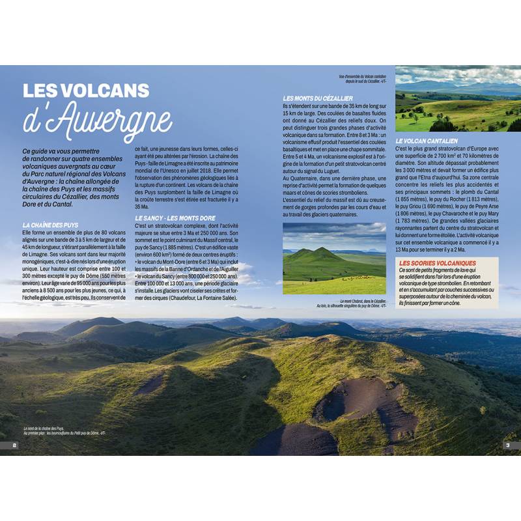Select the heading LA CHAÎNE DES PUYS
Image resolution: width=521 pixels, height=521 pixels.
[x=50, y=225]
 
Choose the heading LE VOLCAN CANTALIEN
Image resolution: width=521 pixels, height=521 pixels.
[x=427, y=140]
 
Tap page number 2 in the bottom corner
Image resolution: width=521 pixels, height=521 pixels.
[x=14, y=445]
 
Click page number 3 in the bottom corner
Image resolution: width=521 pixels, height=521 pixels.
[x=507, y=445]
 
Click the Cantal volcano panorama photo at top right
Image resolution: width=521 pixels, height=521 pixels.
[x=458, y=98]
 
